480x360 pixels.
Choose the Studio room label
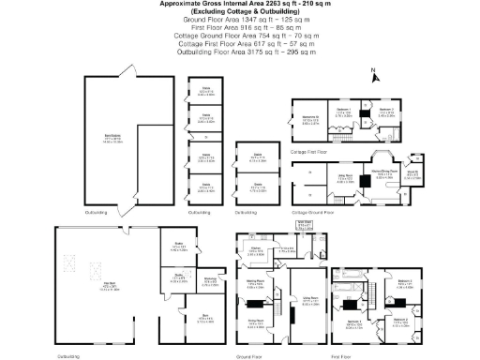(177, 247)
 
